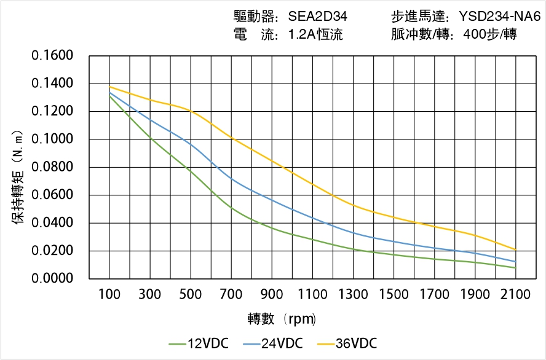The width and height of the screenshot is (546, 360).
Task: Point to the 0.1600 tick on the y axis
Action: point(52,56)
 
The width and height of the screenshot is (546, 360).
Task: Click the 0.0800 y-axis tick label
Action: point(52,167)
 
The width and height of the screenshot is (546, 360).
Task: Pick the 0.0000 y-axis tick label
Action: point(52,279)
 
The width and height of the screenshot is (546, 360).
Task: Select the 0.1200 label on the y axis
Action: point(52,111)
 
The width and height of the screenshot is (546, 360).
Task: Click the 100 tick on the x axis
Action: point(109,295)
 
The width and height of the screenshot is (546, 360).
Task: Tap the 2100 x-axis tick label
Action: point(515,295)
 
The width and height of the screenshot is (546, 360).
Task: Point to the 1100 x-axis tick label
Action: point(312,295)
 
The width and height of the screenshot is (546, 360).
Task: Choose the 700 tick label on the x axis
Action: point(231,295)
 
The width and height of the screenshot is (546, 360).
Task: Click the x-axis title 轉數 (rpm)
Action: point(282,319)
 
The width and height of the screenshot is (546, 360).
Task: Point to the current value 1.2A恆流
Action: point(315,34)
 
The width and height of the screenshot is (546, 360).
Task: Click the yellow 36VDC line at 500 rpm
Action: point(191,111)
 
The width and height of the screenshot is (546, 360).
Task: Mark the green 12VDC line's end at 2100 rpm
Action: point(515,268)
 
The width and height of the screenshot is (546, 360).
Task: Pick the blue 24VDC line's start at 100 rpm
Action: point(109,93)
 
